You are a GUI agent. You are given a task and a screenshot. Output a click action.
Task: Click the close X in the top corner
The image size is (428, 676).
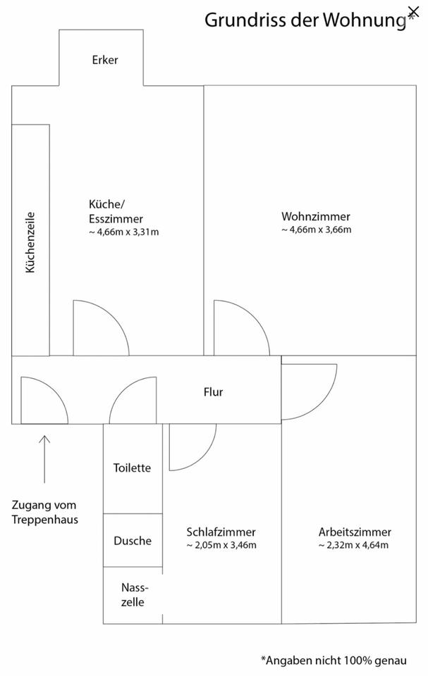coord(413,11)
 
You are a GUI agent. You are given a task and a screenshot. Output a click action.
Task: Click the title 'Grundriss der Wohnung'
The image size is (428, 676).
coord(305,20)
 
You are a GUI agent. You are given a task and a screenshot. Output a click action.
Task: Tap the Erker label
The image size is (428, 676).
coord(105,60)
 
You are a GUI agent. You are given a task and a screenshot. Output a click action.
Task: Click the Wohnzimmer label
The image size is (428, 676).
coord(315,216)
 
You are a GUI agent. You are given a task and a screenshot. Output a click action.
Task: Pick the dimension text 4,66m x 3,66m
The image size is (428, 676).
coord(316,230)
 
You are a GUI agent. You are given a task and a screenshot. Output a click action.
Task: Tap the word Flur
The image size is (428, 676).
coord(213,392)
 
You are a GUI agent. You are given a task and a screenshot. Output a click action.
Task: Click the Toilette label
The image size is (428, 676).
coord(133,468)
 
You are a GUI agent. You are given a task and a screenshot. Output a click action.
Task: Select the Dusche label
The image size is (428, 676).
coord(133,541)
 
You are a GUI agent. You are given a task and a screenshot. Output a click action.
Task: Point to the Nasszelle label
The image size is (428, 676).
coord(133,594)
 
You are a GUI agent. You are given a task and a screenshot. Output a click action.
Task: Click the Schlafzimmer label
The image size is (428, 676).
coord(221,532)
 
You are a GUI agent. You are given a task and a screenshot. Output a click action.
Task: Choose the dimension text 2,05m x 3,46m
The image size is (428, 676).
coord(221,545)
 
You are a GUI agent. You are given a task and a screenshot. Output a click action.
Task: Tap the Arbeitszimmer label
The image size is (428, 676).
coord(355,532)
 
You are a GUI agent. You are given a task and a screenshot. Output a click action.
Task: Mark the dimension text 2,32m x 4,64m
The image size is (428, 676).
coord(353,545)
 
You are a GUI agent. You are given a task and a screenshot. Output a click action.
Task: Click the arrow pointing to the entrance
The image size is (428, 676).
coord(44,458)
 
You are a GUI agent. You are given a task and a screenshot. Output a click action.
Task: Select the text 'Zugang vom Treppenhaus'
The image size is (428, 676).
coord(45,513)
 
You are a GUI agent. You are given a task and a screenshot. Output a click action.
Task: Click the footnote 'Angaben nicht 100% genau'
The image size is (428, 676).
coord(334,661)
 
